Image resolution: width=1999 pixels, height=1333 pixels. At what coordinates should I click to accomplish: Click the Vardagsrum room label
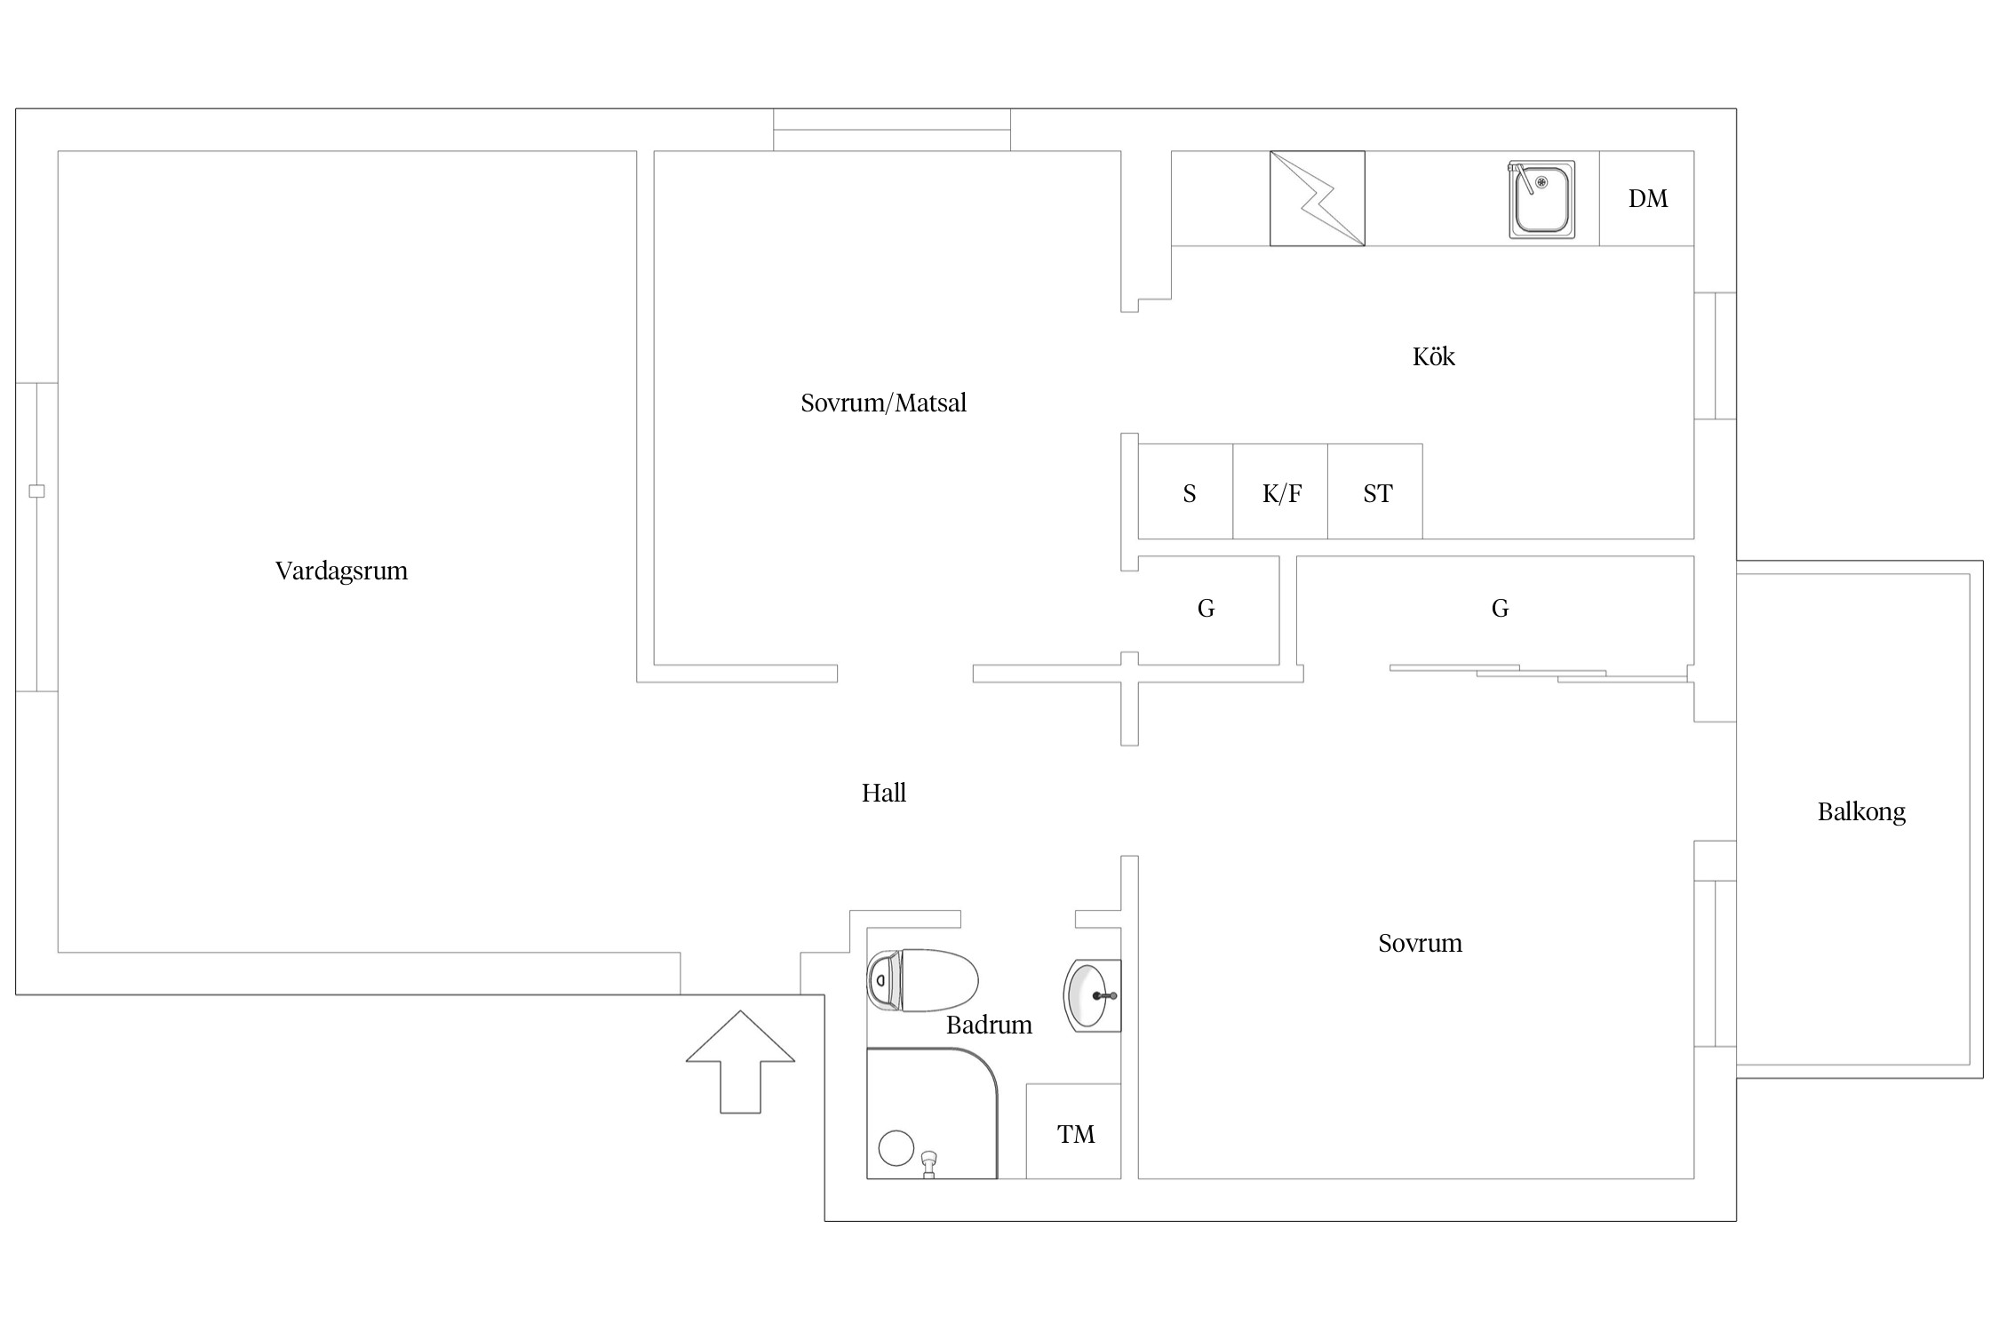click(x=341, y=571)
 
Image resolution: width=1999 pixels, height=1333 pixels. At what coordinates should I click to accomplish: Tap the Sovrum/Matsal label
click(x=883, y=403)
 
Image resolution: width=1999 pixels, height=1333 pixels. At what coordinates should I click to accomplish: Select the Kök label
click(x=1433, y=357)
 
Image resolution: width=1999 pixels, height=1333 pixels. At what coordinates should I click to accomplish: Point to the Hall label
click(x=883, y=793)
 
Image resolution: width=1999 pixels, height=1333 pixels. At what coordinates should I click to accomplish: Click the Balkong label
click(x=1861, y=811)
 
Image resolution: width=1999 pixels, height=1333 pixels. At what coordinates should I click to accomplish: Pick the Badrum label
click(x=989, y=1026)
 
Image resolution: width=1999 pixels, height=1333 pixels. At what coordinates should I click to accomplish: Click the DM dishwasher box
click(x=1647, y=198)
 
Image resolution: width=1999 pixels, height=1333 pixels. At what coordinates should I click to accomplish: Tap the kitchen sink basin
click(x=1541, y=201)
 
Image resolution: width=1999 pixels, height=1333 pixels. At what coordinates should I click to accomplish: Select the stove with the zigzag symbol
click(x=1317, y=198)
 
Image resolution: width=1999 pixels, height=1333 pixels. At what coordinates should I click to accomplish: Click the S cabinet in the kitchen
click(x=1189, y=493)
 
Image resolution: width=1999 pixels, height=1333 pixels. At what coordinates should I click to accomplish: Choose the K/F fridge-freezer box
click(x=1281, y=493)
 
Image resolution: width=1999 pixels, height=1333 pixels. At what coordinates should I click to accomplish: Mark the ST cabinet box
click(x=1377, y=493)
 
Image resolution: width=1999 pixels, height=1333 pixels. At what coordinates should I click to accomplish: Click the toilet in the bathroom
click(x=924, y=980)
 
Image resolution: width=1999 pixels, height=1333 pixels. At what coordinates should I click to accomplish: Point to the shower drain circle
click(x=896, y=1148)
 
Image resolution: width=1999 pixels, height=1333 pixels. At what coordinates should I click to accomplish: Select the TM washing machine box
click(x=1075, y=1134)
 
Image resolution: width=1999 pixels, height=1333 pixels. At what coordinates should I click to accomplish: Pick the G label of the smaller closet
click(x=1206, y=609)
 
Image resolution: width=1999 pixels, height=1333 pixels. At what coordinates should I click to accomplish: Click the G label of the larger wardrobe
click(x=1500, y=609)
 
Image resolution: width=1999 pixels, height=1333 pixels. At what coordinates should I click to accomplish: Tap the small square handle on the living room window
click(x=36, y=491)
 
